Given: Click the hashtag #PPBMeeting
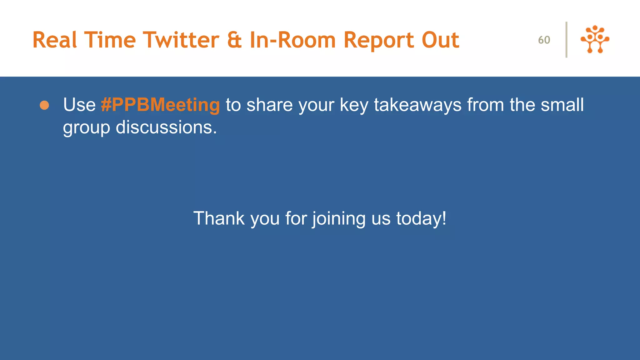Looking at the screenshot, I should click(160, 105).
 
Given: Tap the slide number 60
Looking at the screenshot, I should click(544, 40).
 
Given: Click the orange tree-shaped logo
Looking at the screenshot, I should click(595, 39).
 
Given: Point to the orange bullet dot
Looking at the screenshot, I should click(44, 105).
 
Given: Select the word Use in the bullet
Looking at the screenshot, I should click(79, 105).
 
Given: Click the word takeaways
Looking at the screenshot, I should click(417, 105).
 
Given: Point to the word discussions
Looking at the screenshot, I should click(166, 127).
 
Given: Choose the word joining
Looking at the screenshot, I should click(339, 219).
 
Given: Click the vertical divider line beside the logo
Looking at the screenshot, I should click(566, 40).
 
